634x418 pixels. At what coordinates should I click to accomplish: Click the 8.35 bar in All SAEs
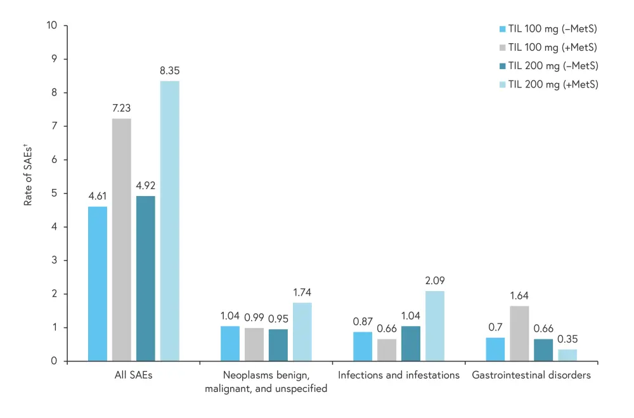169,221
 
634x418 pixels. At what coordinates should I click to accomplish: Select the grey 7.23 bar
122,240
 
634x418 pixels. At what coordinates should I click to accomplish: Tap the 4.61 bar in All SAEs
98,284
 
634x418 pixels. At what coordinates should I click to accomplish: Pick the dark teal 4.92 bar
145,278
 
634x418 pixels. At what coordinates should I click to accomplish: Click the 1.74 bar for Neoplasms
302,332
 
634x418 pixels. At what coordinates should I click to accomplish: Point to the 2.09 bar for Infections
435,326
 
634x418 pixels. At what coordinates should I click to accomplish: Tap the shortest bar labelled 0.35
567,355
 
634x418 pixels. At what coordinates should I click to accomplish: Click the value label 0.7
495,327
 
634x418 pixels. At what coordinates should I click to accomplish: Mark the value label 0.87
363,321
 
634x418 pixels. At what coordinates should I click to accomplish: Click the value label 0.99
254,317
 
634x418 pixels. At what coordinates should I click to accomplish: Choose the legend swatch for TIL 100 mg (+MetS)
503,48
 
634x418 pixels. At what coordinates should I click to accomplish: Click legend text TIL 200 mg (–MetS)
553,66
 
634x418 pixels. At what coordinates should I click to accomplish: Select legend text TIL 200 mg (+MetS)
553,84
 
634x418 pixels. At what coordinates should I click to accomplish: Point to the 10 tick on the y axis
52,25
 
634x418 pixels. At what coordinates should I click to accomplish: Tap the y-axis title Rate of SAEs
28,170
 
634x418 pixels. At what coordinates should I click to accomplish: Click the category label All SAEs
133,375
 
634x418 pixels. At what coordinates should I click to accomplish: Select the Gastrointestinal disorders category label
531,375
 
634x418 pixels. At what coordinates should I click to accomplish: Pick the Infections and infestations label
399,375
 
